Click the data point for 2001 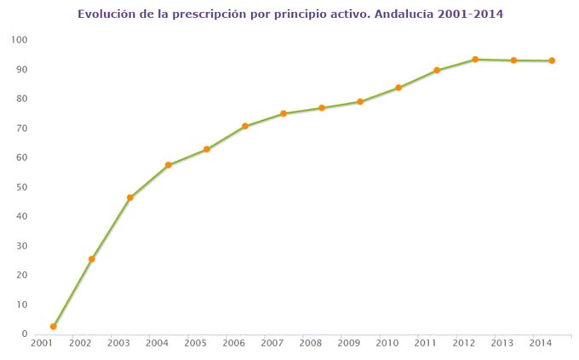[53, 327]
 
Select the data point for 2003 [130, 197]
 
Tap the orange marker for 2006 [245, 126]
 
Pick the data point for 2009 [360, 102]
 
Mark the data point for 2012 [475, 60]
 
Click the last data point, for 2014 [552, 60]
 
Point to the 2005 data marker [207, 150]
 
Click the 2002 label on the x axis [80, 343]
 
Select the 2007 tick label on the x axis [272, 343]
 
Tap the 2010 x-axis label [387, 343]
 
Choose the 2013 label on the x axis [502, 343]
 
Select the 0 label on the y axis [26, 334]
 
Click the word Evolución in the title [106, 14]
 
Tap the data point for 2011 [437, 71]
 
